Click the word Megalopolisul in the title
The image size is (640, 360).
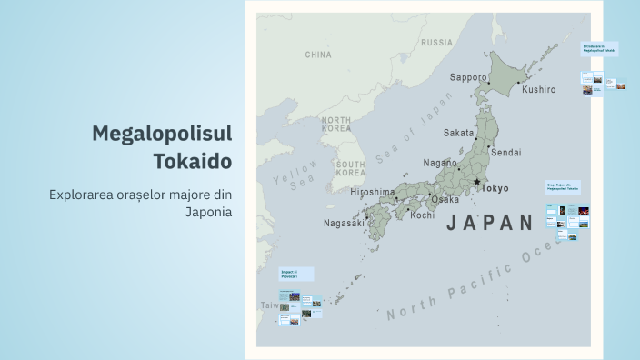[x=162, y=134]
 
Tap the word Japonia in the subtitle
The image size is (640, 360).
[x=208, y=212]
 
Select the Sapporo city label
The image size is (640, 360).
[x=468, y=77]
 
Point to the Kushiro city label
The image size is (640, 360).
[x=538, y=90]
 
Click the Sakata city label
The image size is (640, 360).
[x=458, y=133]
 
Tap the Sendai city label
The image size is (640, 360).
[x=506, y=153]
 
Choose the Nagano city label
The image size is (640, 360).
[x=441, y=163]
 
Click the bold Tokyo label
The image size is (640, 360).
[x=495, y=188]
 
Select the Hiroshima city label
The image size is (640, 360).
[x=373, y=193]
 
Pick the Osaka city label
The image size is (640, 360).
[x=445, y=199]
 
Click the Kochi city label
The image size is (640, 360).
[x=423, y=215]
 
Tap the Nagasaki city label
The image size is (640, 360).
[x=344, y=223]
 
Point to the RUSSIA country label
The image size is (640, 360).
[x=436, y=43]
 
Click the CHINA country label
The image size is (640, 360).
[x=318, y=55]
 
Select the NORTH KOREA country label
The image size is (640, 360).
[x=335, y=125]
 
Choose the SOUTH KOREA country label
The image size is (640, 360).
[x=350, y=168]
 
